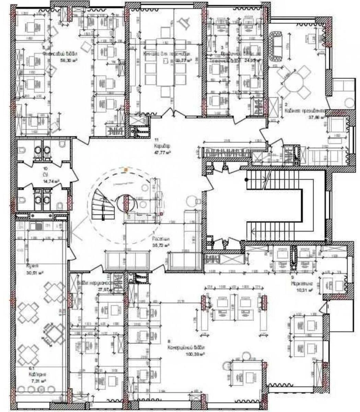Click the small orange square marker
(127, 170)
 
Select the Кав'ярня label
(38, 375)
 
